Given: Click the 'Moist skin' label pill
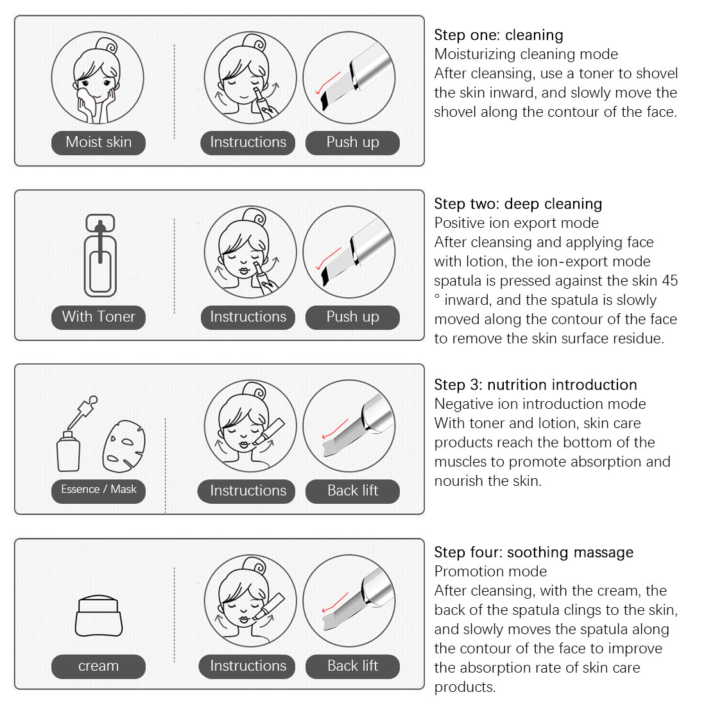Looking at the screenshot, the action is [x=98, y=142].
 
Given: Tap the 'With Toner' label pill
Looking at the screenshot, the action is [x=98, y=317].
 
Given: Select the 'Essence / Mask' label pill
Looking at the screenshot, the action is [x=98, y=491].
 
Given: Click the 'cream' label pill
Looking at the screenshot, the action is [x=98, y=666].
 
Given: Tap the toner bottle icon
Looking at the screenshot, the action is [x=100, y=255].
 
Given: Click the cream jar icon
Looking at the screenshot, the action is [x=99, y=616].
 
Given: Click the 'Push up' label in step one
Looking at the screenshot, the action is [x=352, y=142].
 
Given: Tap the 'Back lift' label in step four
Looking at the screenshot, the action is [x=352, y=666].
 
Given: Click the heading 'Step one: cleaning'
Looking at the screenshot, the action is [x=499, y=35].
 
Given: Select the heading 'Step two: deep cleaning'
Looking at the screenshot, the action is [x=518, y=204].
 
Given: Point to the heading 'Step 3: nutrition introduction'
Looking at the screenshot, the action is [x=535, y=385].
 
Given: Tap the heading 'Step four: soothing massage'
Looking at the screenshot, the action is [x=533, y=553].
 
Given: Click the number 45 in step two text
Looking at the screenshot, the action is [x=669, y=280].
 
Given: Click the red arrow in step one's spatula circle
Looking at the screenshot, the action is [x=327, y=83].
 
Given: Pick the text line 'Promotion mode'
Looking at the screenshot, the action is [x=490, y=571].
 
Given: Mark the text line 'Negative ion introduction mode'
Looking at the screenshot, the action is [x=540, y=404].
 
